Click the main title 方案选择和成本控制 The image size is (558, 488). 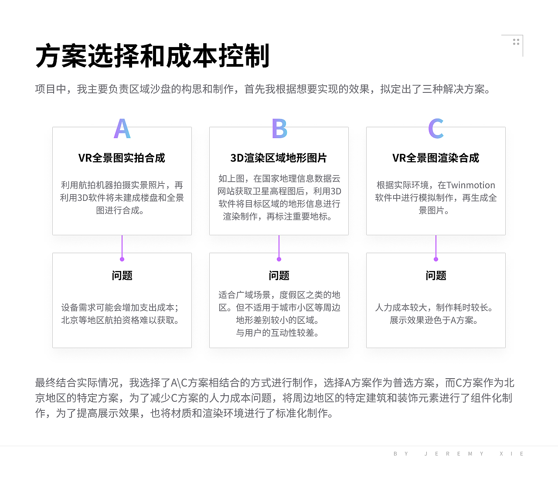153,56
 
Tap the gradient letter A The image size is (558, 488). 122,129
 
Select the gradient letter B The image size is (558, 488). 279,129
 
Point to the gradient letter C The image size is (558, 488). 436,129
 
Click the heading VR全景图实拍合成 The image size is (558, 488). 122,158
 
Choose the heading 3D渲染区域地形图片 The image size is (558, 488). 279,158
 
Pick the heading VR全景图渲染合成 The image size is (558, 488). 436,158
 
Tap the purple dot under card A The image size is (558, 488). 122,259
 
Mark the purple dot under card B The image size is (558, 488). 279,259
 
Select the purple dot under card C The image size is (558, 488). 436,259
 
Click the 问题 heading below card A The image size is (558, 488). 122,275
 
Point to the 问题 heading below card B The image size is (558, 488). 279,275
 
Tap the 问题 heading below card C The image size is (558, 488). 436,275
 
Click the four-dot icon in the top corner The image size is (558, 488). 516,42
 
